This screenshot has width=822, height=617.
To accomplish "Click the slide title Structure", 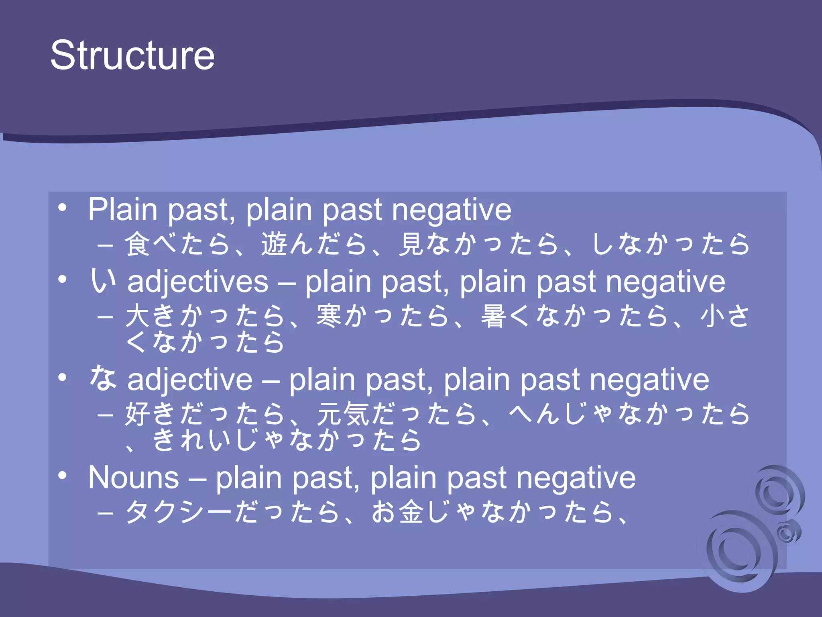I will (x=132, y=55).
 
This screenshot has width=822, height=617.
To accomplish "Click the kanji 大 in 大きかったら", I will (x=138, y=316).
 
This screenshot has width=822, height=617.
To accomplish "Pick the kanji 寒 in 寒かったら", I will (x=330, y=316).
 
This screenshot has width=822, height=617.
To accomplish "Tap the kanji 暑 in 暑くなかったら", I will (x=494, y=316).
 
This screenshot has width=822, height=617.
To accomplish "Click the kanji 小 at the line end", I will (x=713, y=316).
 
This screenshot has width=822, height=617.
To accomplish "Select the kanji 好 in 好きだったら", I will (x=138, y=414).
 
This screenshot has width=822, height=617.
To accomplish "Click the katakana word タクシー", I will (x=179, y=512).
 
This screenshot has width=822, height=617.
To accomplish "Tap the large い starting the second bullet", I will (x=103, y=280).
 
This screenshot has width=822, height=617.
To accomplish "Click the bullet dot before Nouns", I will (x=62, y=476).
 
